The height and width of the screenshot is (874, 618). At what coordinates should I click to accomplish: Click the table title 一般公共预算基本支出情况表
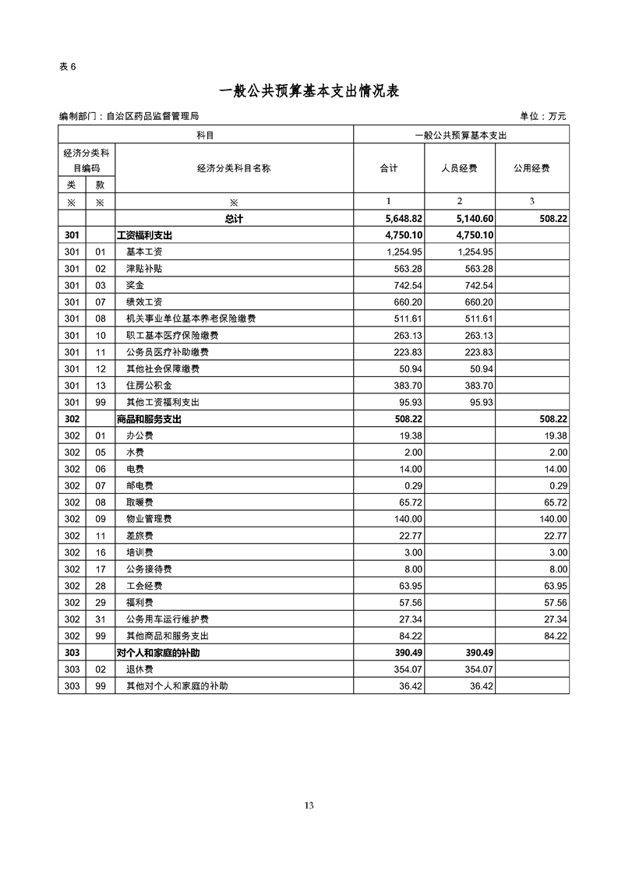point(309,91)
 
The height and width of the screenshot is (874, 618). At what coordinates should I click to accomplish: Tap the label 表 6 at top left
point(68,66)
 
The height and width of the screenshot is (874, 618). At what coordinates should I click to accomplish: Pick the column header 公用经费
point(531,168)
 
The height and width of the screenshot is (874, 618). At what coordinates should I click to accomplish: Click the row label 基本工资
point(144,252)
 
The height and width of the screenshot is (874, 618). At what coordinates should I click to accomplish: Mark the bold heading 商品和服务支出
point(149,419)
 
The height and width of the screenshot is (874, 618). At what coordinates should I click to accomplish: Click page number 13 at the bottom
point(309,805)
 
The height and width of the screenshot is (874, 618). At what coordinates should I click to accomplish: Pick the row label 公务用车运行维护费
point(167,619)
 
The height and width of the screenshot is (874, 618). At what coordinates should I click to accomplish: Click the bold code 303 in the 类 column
point(72,653)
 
